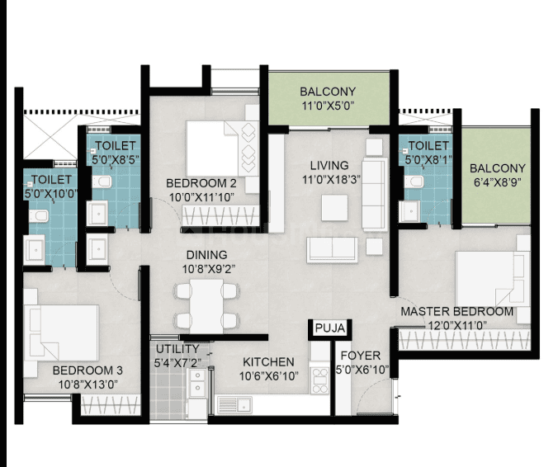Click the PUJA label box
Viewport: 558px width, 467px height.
point(330,328)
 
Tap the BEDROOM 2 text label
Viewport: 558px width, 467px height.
point(201,183)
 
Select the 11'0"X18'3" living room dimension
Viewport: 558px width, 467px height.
point(331,179)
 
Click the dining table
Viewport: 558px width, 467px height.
point(206,306)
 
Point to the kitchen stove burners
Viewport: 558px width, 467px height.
point(319,380)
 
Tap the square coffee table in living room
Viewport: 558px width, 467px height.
point(334,208)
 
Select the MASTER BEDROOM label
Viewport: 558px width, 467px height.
point(457,312)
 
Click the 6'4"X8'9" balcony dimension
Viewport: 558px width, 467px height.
point(497,182)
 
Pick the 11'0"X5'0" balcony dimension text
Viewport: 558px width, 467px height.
point(328,106)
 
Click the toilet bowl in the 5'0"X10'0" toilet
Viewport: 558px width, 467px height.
point(39,215)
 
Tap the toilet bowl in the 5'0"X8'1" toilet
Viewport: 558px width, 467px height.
point(414,182)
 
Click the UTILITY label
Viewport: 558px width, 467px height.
point(177,349)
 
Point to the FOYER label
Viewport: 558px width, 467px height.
point(361,356)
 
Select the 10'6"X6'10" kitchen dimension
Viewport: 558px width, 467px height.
point(268,376)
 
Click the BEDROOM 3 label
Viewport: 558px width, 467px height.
point(87,370)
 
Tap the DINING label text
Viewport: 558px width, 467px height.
point(206,255)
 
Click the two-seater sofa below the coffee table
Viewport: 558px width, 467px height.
point(332,250)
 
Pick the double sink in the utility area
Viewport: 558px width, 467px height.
point(197,383)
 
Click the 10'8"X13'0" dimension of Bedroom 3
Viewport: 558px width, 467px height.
point(87,384)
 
